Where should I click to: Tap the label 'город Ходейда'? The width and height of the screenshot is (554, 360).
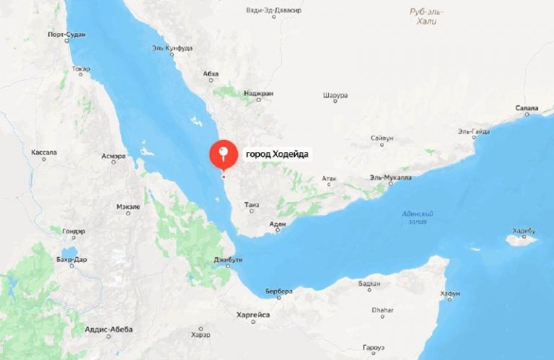277,154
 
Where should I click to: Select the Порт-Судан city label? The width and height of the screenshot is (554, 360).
66,35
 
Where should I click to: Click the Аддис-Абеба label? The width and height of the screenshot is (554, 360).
109,329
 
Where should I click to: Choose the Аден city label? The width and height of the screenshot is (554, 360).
277,224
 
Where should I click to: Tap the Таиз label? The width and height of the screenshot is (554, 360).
252,204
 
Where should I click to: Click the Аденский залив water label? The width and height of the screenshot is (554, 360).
418,217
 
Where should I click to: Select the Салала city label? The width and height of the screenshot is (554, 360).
527,108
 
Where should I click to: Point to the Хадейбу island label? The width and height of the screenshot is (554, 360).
524,230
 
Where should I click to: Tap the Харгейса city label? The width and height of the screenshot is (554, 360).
252,315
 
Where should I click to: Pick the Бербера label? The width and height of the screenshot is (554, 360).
278,291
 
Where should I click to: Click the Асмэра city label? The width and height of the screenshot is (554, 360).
113,156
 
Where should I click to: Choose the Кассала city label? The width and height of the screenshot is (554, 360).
44,153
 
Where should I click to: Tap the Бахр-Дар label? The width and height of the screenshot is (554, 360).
71,258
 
